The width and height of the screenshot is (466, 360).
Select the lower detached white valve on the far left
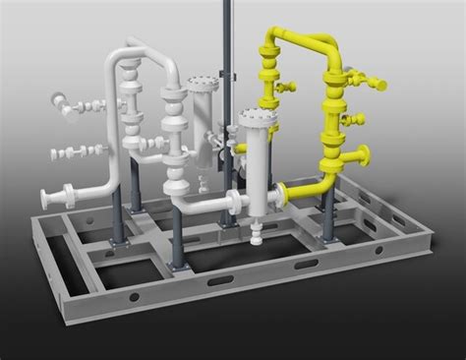[75, 152]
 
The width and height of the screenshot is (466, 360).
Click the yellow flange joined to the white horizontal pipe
[280, 190]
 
